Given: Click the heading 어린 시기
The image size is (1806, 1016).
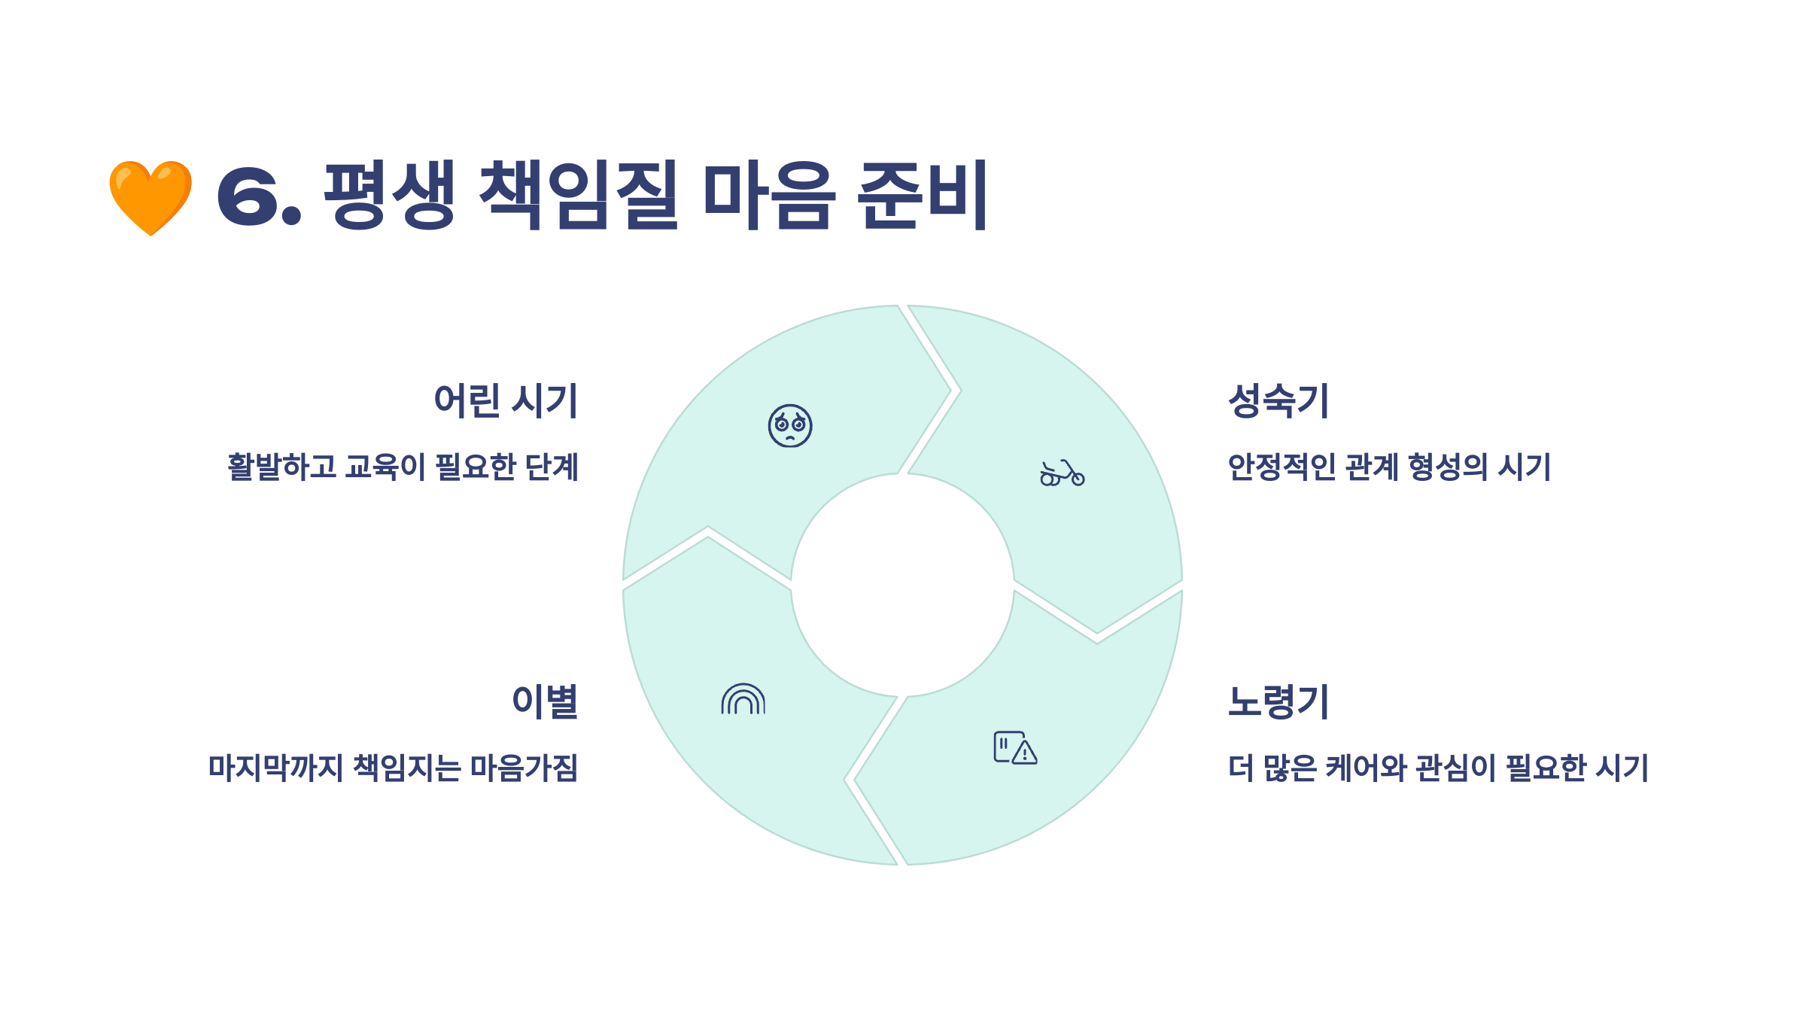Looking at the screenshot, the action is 506,400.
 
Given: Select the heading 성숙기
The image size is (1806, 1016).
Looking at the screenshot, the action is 1278,400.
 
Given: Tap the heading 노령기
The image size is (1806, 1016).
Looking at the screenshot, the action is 1278,701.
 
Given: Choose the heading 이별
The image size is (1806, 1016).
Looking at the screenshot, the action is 545,701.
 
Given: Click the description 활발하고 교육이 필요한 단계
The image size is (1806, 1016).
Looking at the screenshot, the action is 403,467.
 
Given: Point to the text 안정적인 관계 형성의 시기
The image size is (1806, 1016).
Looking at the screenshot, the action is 1389,467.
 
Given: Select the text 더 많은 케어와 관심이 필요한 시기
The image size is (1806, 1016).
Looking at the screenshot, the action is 1438,768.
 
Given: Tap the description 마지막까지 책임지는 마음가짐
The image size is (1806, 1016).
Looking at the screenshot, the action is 394,768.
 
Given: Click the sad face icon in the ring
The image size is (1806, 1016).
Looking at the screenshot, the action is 790,426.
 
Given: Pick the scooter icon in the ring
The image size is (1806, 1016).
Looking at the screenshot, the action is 1062,473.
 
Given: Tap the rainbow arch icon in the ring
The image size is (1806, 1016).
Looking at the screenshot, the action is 743,699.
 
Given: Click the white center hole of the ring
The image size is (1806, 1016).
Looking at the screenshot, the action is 902,586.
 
